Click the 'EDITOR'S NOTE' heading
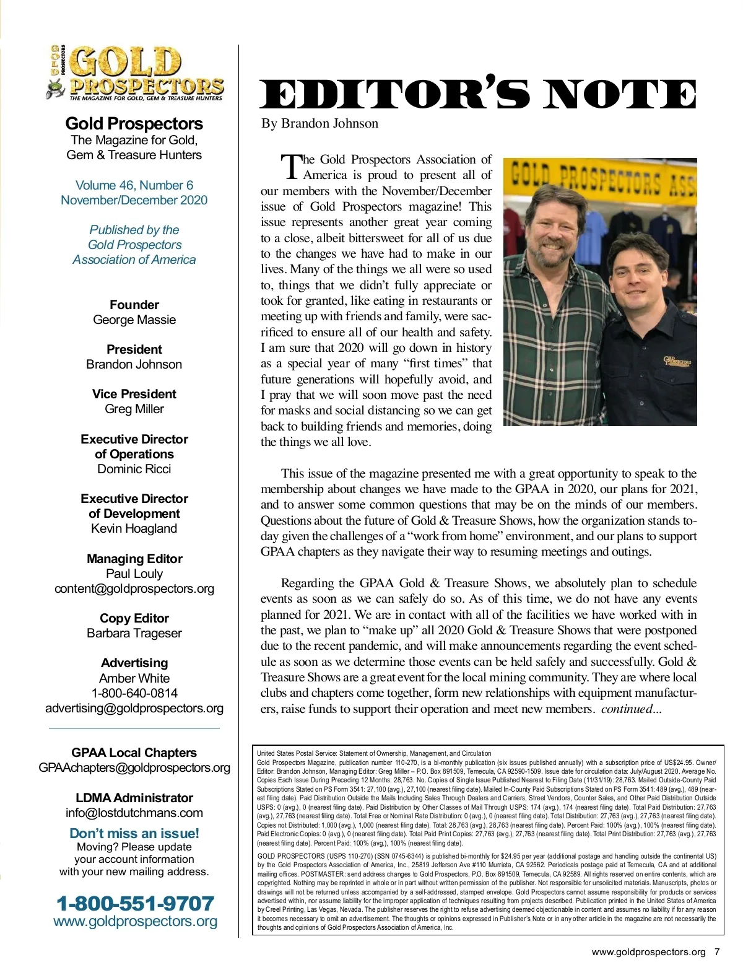pyautogui.click(x=478, y=94)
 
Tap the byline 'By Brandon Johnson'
pyautogui.click(x=319, y=123)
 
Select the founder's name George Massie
pyautogui.click(x=134, y=320)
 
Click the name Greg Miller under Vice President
pyautogui.click(x=134, y=409)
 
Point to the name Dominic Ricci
pyautogui.click(x=134, y=469)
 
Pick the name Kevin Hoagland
pyautogui.click(x=134, y=528)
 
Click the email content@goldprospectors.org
pyautogui.click(x=134, y=588)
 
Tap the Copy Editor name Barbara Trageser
pyautogui.click(x=134, y=633)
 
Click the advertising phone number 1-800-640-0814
pyautogui.click(x=134, y=693)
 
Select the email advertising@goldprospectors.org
pyautogui.click(x=134, y=708)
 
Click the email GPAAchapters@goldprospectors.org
pyautogui.click(x=134, y=767)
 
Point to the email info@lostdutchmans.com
pyautogui.click(x=134, y=813)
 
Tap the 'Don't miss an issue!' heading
pyautogui.click(x=134, y=833)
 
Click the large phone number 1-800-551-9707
pyautogui.click(x=135, y=903)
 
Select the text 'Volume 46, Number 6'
pyautogui.click(x=134, y=185)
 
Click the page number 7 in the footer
pyautogui.click(x=716, y=952)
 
